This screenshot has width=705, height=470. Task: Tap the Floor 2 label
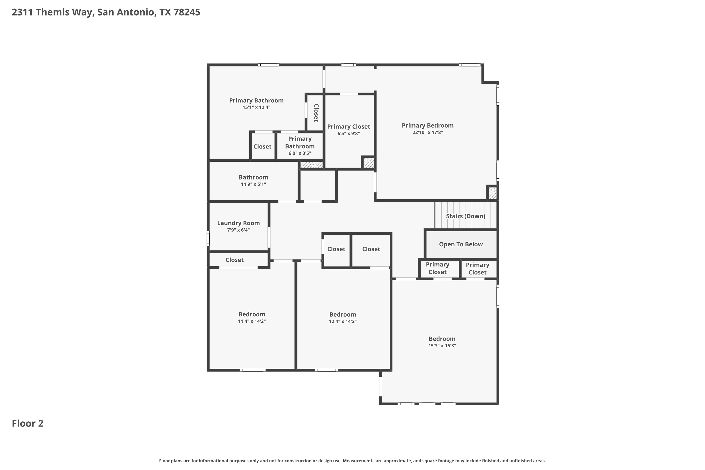[27, 423]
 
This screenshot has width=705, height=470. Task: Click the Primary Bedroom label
[427, 125]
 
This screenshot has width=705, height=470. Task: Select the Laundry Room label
[238, 223]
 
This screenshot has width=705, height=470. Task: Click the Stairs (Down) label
[466, 216]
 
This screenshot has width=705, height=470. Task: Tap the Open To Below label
[461, 244]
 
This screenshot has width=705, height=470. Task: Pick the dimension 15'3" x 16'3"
[442, 346]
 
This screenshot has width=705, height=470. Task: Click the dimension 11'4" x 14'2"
[252, 321]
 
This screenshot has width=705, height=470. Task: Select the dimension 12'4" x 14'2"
[343, 321]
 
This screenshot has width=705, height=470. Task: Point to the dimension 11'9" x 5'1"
[253, 184]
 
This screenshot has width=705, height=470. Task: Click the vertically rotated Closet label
[316, 113]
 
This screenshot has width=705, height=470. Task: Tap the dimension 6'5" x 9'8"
[348, 134]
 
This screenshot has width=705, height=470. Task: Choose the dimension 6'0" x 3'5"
[300, 153]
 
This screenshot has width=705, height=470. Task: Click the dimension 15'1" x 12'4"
[256, 107]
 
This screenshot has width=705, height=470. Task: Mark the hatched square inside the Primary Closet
[368, 163]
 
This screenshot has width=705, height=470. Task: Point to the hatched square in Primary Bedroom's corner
[493, 193]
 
